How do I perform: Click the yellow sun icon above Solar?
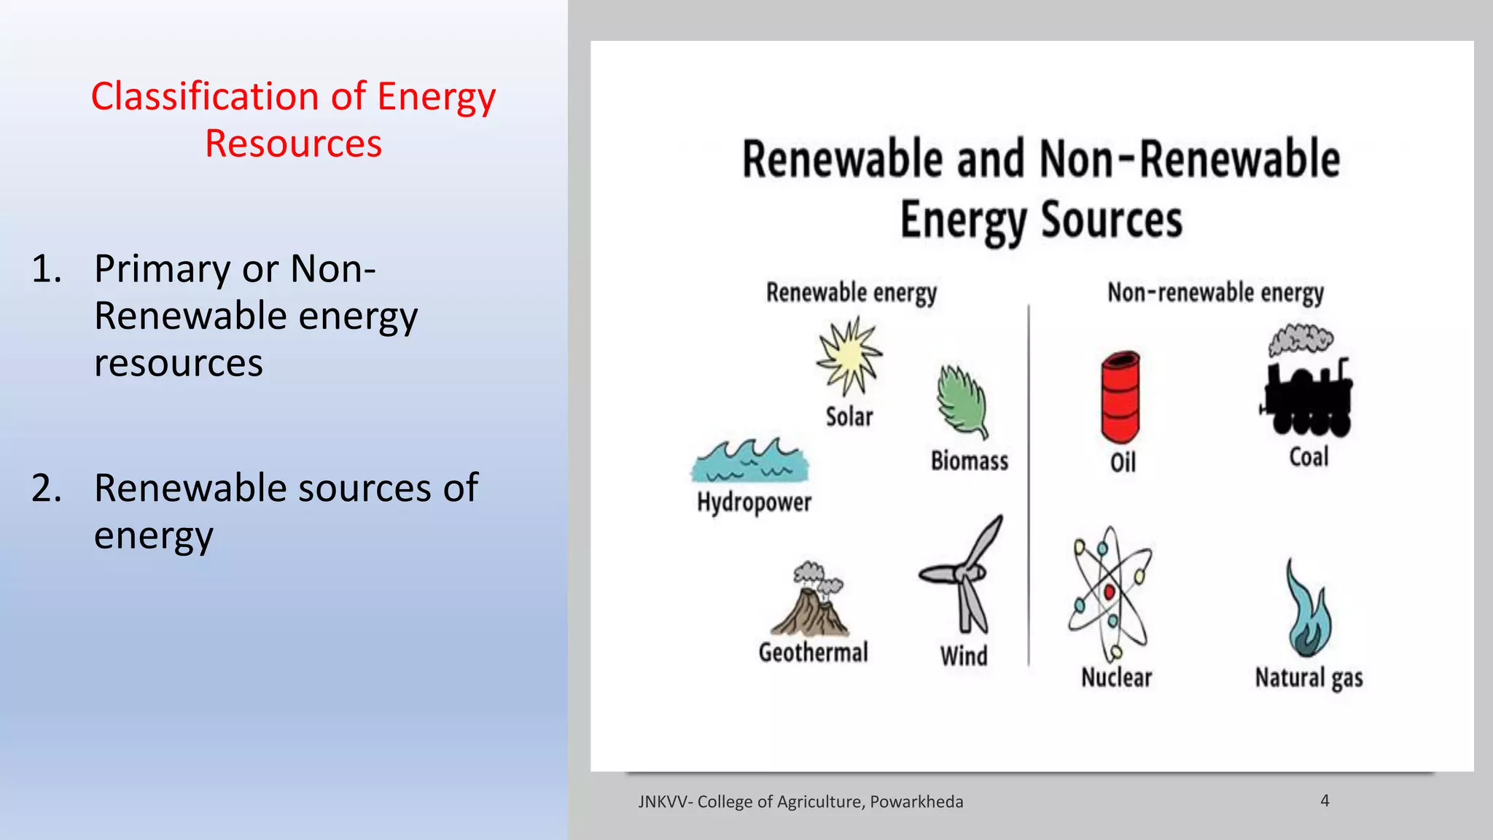click(849, 356)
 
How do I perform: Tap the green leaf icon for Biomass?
click(963, 401)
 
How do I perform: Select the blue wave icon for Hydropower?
click(749, 461)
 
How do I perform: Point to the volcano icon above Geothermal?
click(811, 602)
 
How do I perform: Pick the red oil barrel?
click(1120, 397)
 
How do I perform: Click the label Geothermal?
click(814, 652)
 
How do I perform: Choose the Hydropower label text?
click(754, 502)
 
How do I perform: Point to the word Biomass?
click(970, 461)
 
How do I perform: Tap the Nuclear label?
click(1116, 677)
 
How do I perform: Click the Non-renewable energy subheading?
click(1215, 292)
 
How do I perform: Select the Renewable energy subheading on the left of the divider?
click(851, 292)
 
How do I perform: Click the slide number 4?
click(1325, 801)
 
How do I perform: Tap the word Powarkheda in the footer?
click(916, 802)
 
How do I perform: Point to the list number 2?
click(46, 488)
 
